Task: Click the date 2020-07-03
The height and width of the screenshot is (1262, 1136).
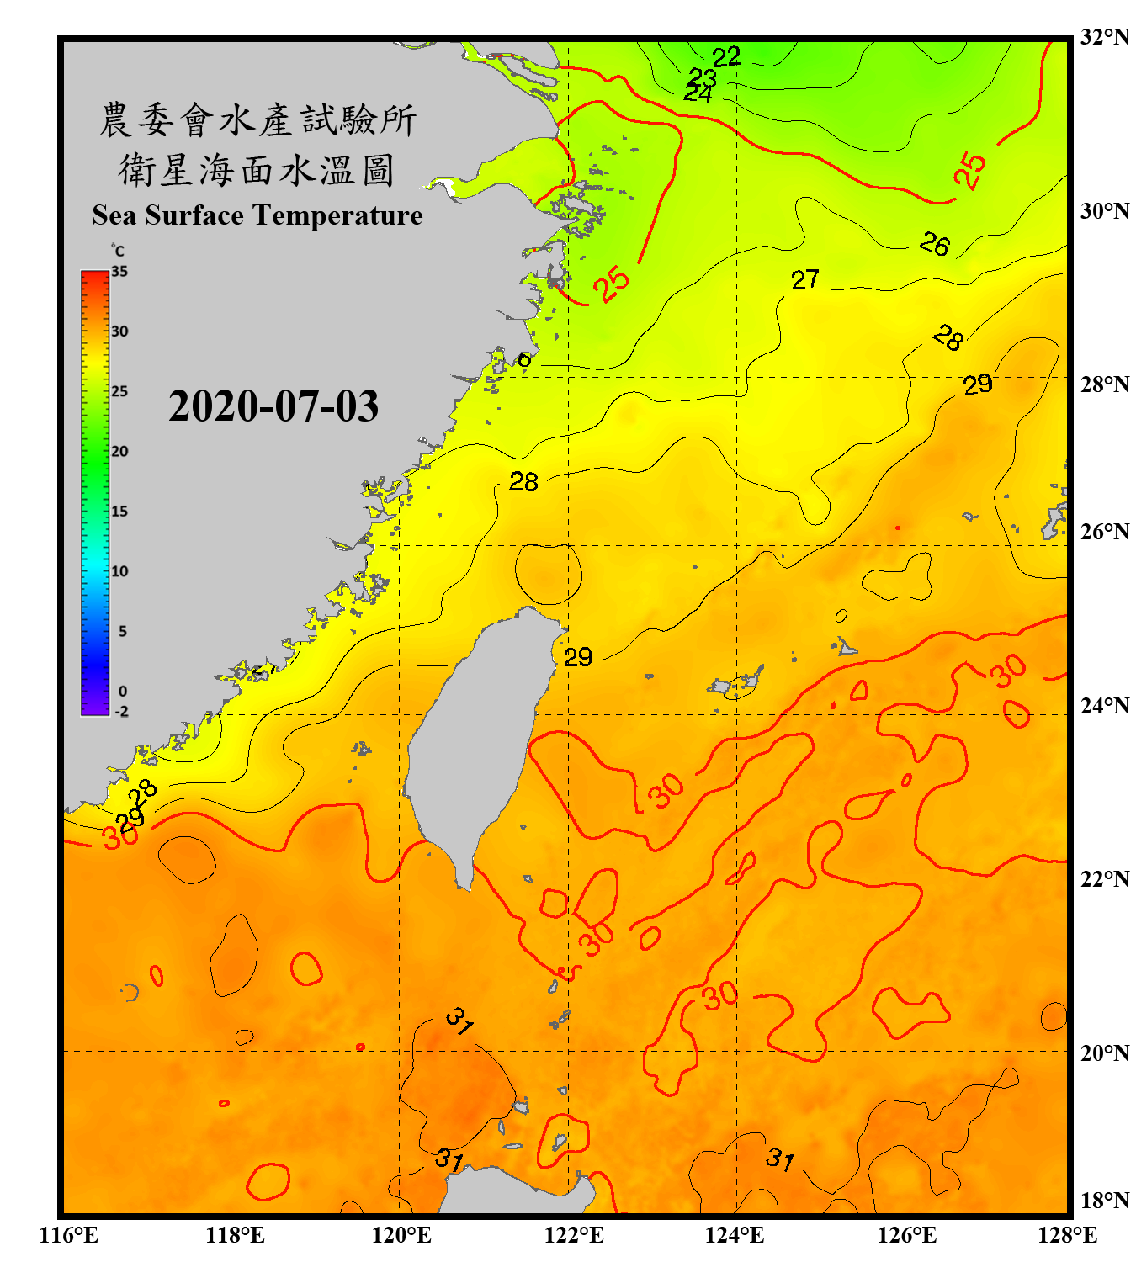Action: pyautogui.click(x=273, y=406)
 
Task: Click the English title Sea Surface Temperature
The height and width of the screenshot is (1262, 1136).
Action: pyautogui.click(x=257, y=215)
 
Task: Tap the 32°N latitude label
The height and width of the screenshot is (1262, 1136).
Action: pyautogui.click(x=1104, y=37)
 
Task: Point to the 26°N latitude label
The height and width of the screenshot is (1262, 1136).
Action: pyautogui.click(x=1104, y=532)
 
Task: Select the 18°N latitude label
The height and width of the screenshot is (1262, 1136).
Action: pyautogui.click(x=1104, y=1201)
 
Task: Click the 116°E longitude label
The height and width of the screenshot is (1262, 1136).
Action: pyautogui.click(x=69, y=1235)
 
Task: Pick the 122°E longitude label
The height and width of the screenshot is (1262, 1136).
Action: pyautogui.click(x=574, y=1235)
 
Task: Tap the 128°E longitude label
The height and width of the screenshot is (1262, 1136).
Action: pyautogui.click(x=1067, y=1235)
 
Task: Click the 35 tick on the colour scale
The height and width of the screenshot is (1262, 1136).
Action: pyautogui.click(x=119, y=272)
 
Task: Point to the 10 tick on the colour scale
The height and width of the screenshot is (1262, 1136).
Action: pyautogui.click(x=119, y=571)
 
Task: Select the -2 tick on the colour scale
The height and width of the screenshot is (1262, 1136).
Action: pyautogui.click(x=121, y=711)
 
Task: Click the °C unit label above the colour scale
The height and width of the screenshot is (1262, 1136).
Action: pyautogui.click(x=118, y=251)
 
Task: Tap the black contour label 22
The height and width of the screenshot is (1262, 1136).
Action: pyautogui.click(x=726, y=57)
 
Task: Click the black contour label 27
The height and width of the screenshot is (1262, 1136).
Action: pyautogui.click(x=804, y=279)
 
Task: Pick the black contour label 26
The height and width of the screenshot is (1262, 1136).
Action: pyautogui.click(x=934, y=244)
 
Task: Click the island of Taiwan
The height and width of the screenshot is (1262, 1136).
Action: pyautogui.click(x=475, y=740)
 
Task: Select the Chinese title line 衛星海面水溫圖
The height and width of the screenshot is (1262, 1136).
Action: pyautogui.click(x=257, y=170)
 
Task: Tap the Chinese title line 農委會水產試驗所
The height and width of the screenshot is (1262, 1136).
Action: pyautogui.click(x=257, y=120)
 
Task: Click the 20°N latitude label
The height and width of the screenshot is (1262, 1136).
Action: pyautogui.click(x=1104, y=1053)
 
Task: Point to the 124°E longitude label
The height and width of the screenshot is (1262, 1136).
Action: pyautogui.click(x=735, y=1235)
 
